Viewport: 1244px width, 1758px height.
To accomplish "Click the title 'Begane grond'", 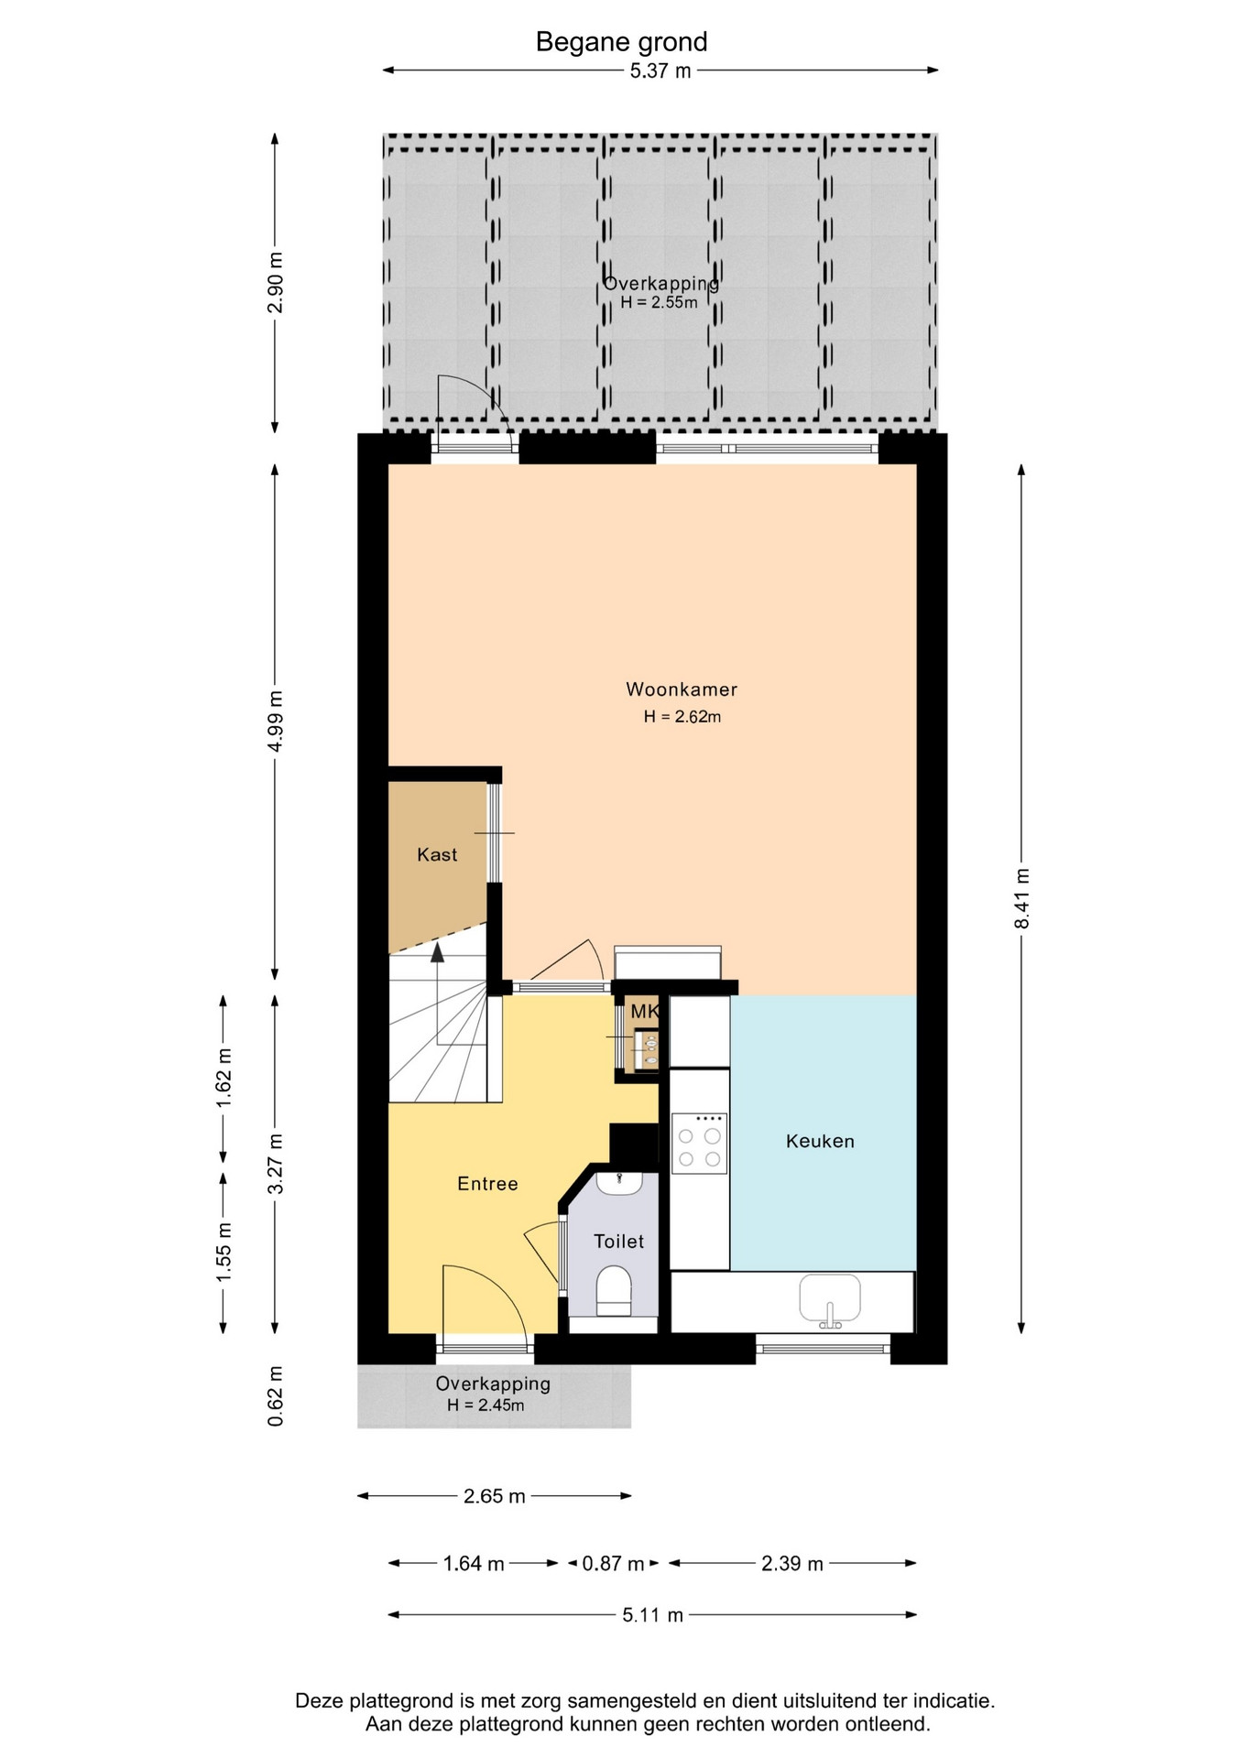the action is pos(621,42).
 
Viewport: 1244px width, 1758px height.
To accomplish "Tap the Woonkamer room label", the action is pos(682,689).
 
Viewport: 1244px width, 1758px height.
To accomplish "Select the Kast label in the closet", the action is pos(437,854).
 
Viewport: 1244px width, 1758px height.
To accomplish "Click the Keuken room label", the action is pos(820,1141).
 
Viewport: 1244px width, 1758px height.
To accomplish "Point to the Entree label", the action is pos(487,1184).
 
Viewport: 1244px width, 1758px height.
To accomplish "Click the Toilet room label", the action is pos(618,1242).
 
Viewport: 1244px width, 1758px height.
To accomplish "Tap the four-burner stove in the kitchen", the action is pos(699,1144).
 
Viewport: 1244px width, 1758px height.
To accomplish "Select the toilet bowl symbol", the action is pos(614,1291).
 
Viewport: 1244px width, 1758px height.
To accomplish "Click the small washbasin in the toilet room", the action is pos(620,1182).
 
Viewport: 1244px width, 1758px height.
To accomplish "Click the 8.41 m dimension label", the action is pos(1021,898).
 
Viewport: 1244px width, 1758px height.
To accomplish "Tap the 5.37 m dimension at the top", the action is pos(660,71).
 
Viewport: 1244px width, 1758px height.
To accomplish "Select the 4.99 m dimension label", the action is pos(275,721).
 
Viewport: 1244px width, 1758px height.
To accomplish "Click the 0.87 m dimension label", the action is pos(613,1563).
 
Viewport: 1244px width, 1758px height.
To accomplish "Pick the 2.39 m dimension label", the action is pos(792,1563).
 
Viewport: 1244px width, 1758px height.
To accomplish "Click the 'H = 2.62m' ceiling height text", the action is pos(682,717).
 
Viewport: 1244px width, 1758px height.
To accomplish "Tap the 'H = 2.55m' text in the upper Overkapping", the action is pos(659,303).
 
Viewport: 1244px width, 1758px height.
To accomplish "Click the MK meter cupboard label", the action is pos(645,1012).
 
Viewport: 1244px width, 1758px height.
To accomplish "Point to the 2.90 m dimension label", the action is pos(275,282).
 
